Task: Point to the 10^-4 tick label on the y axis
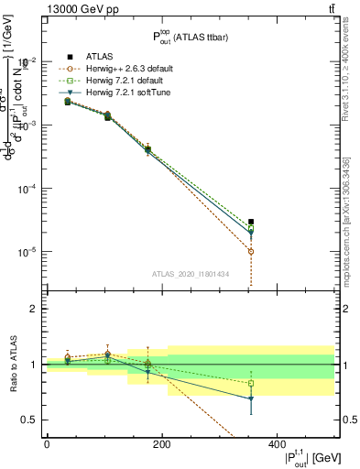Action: click(x=27, y=189)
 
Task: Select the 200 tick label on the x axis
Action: click(x=162, y=444)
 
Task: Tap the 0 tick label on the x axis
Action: click(x=47, y=444)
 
